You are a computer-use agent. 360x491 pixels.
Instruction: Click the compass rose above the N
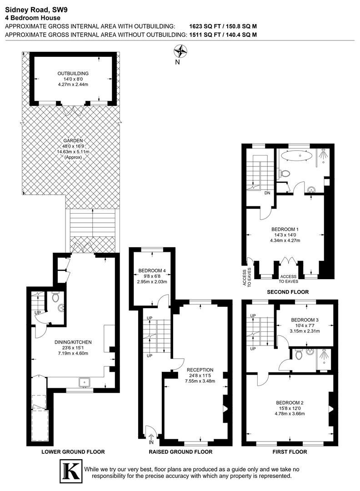coord(180,51)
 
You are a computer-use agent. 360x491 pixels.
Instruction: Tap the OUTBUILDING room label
coord(73,73)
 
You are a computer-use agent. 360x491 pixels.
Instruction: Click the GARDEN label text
coord(73,140)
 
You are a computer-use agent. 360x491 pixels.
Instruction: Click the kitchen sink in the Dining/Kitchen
coord(85,383)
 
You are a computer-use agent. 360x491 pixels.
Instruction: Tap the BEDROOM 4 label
coord(152,271)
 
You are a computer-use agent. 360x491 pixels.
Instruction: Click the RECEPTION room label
coord(200,370)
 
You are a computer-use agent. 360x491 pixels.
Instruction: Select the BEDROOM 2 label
coord(290,403)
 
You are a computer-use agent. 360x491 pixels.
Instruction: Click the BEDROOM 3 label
coord(305,320)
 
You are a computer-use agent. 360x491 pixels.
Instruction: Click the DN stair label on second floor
coord(267,193)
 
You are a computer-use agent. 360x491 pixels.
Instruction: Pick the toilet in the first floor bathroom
coord(298,355)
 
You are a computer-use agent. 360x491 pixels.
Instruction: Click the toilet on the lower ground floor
coord(55,296)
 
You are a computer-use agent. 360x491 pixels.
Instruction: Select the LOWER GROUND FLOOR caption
coord(73,451)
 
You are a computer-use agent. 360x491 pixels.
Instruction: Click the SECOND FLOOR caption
coord(288,292)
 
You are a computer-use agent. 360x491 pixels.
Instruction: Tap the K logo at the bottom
coord(71,471)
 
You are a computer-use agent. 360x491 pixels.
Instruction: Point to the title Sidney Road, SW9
coord(36,10)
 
